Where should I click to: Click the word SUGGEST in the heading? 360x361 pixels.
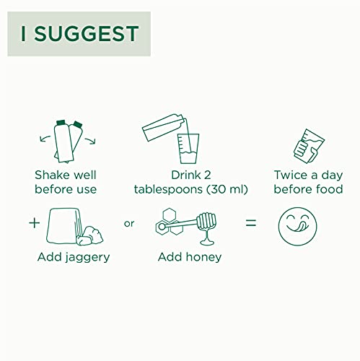point(87,34)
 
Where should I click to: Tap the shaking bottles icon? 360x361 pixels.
point(68,142)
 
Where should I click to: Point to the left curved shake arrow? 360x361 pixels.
point(45,139)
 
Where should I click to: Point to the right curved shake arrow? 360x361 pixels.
point(90,141)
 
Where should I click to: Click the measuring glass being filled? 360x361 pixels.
point(188,149)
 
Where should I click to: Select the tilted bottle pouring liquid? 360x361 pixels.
point(164,127)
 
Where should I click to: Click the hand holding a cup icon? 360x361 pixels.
point(309,146)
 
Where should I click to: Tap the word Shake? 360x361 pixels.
point(49,175)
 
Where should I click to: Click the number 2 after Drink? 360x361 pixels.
point(207,175)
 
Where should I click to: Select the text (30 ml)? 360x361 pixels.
point(227,189)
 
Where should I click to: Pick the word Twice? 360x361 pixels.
point(290,175)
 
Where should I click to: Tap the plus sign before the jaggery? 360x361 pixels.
point(34,223)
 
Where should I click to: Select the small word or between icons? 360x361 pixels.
point(129,224)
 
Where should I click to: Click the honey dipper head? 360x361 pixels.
point(206,221)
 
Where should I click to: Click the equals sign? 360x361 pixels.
point(251,223)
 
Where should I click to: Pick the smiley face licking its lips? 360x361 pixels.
point(297,227)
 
